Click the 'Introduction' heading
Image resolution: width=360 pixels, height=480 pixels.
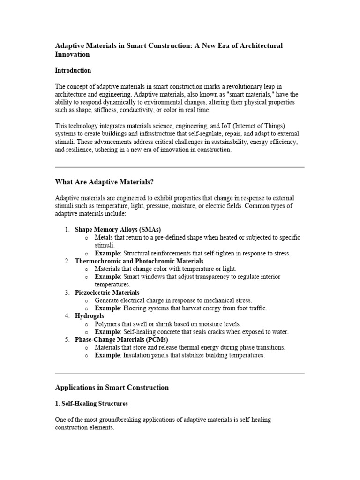point(73,71)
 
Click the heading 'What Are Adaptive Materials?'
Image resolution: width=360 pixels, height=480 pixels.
point(104,182)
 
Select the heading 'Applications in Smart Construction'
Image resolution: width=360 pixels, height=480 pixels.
point(112,388)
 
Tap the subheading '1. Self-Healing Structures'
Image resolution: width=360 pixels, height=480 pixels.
point(91,404)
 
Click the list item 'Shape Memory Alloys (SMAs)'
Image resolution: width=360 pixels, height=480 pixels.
point(118,230)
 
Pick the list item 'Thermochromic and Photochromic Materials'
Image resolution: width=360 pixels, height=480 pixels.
point(139,261)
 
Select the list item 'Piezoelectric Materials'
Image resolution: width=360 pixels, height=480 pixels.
point(107,292)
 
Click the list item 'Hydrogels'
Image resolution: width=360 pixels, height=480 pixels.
point(89,316)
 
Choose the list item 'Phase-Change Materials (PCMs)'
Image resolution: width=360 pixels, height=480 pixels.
point(121,340)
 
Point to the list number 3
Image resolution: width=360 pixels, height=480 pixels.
point(67,292)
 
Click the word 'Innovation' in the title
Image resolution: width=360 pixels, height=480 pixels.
point(72,54)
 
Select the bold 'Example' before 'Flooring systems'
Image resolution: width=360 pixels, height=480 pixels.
point(107,308)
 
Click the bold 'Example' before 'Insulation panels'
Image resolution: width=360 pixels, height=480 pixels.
point(107,355)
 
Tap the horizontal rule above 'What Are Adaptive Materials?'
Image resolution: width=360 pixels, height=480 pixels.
point(180,167)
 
